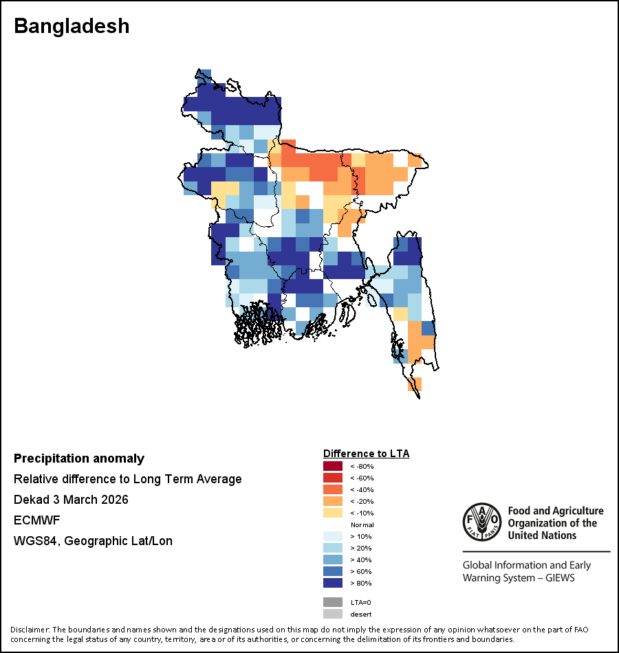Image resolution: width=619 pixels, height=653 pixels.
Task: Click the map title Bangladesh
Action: [72, 26]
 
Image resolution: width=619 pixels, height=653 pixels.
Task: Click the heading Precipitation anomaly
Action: [79, 458]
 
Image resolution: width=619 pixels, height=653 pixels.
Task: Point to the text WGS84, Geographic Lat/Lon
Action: [93, 541]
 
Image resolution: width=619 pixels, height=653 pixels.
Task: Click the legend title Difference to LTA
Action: [366, 454]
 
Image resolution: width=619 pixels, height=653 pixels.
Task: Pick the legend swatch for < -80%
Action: [333, 467]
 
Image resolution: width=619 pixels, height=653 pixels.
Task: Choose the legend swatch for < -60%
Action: [333, 478]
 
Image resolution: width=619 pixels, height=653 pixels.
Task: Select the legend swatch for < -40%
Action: [333, 490]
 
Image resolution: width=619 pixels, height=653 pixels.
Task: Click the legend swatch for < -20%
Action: [333, 502]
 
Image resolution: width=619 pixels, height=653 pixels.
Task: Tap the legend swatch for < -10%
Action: [333, 513]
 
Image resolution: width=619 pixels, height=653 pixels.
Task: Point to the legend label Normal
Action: [362, 525]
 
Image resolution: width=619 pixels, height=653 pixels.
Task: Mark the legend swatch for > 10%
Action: [333, 537]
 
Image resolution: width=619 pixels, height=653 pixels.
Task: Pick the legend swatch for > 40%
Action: [333, 560]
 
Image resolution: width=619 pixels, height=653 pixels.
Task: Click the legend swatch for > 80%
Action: [333, 584]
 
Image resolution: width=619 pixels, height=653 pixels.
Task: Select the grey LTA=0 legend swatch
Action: [333, 602]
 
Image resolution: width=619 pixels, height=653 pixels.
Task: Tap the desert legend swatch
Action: [333, 614]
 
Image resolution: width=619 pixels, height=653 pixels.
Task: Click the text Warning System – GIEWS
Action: [519, 578]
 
